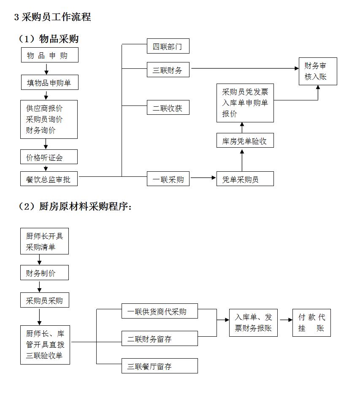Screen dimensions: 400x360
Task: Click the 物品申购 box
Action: coord(49,56)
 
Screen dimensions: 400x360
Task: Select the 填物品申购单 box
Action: coord(49,83)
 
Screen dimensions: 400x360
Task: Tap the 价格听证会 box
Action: coord(49,157)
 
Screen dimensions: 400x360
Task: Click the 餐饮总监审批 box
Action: coord(49,179)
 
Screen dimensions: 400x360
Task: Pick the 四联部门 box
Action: coord(168,46)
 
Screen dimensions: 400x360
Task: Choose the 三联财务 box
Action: coord(168,70)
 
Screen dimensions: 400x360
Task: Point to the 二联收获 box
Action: coord(168,108)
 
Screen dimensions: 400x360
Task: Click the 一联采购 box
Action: coord(168,179)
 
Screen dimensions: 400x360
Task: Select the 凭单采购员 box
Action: coord(245,179)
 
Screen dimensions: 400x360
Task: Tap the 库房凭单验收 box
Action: coord(245,141)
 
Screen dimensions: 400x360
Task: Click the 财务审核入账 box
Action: coord(318,71)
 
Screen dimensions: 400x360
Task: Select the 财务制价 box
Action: coord(44,273)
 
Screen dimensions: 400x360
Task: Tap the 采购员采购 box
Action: coord(44,300)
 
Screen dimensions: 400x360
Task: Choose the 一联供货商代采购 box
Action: coord(160,311)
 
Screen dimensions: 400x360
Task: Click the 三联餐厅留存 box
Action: coord(160,366)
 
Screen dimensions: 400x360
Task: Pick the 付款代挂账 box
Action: coord(311,323)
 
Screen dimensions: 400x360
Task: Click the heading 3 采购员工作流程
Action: coord(52,17)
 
